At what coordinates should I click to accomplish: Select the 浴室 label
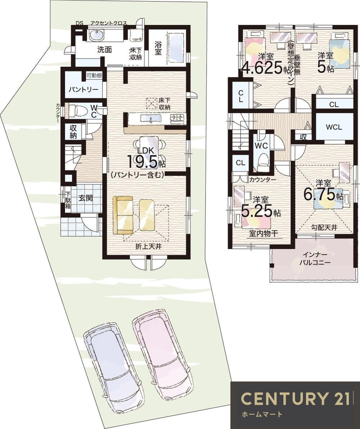tap(158, 48)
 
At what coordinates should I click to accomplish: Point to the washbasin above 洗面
tap(96, 36)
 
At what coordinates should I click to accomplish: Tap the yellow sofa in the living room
tap(122, 215)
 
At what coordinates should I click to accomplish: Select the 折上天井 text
tap(146, 247)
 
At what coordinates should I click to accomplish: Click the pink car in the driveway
tap(162, 351)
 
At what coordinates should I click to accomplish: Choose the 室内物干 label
tap(264, 234)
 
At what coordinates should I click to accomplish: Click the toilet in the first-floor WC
tap(76, 110)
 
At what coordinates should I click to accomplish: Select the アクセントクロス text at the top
tap(108, 23)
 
